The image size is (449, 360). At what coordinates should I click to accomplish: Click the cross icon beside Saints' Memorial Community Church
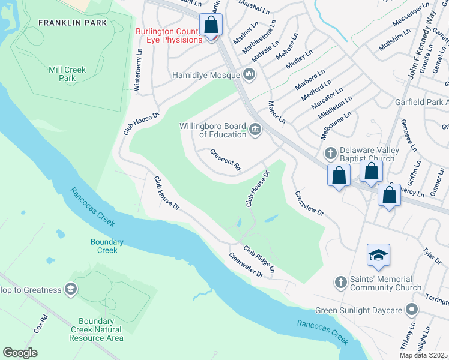340,282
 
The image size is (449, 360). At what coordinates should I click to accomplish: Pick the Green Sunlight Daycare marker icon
411,310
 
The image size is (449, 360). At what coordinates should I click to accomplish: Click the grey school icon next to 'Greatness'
71,290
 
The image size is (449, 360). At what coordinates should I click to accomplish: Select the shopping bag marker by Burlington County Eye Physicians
211,26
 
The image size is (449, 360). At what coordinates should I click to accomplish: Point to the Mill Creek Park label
67,74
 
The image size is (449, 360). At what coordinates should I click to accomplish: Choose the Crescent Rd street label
225,160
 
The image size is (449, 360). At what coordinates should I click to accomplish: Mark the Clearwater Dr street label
246,265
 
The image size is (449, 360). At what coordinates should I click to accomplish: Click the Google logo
20,353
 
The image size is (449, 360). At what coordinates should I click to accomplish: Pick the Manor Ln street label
277,112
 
